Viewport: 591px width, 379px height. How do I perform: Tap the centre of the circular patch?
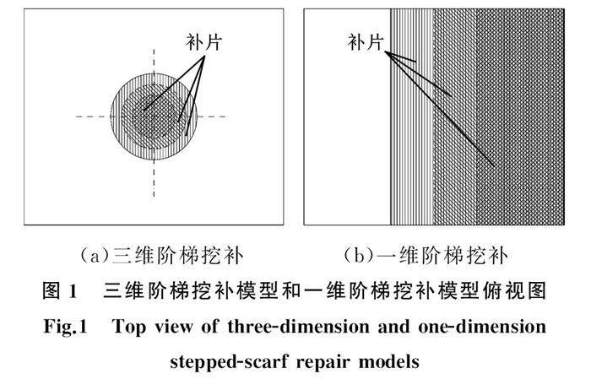pos(154,116)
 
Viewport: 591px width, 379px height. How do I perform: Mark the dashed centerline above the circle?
pos(154,59)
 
